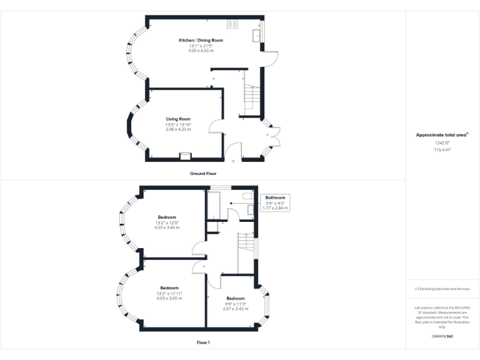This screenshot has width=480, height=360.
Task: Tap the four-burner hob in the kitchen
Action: (x=232, y=24)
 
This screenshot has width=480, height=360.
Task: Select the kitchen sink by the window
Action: (x=256, y=36)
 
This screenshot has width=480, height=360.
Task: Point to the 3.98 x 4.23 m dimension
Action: (x=178, y=129)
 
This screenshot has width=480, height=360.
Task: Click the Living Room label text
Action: (x=178, y=119)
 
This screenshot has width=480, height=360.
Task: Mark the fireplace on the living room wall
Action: (x=186, y=156)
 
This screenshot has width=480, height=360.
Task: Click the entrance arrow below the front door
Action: (x=234, y=161)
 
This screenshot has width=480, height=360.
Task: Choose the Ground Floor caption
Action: (x=203, y=173)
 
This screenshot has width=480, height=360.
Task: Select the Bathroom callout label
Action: (x=275, y=197)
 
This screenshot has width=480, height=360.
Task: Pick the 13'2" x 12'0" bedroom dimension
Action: (x=166, y=222)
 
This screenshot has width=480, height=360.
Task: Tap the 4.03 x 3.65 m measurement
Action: (x=169, y=299)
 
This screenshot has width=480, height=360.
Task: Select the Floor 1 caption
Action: (x=203, y=342)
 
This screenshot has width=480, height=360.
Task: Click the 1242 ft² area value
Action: (x=442, y=143)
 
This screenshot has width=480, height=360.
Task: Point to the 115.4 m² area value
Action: (x=442, y=150)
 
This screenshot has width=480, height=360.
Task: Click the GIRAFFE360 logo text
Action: (x=442, y=337)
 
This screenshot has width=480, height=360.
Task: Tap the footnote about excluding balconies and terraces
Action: (x=442, y=289)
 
